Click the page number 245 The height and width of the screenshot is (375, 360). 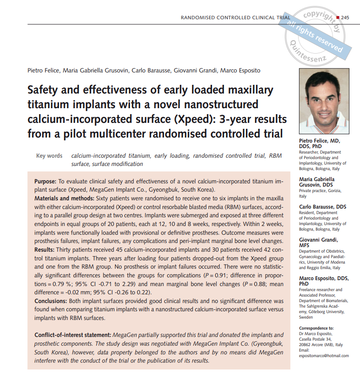pyautogui.click(x=345, y=17)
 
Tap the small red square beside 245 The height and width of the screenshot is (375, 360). pyautogui.click(x=338, y=17)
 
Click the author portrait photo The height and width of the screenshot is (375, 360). pyautogui.click(x=324, y=101)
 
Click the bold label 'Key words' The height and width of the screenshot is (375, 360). pyautogui.click(x=49, y=156)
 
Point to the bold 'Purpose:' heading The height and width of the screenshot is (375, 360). pyautogui.click(x=45, y=182)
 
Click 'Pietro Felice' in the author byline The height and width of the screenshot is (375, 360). pyautogui.click(x=44, y=70)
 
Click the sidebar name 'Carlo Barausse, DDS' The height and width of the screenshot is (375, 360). pyautogui.click(x=322, y=207)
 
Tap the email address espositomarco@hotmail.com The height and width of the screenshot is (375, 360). pyautogui.click(x=323, y=355)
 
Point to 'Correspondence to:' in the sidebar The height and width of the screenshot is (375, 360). pyautogui.click(x=316, y=328)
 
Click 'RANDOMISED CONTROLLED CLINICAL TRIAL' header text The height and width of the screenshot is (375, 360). pyautogui.click(x=235, y=18)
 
